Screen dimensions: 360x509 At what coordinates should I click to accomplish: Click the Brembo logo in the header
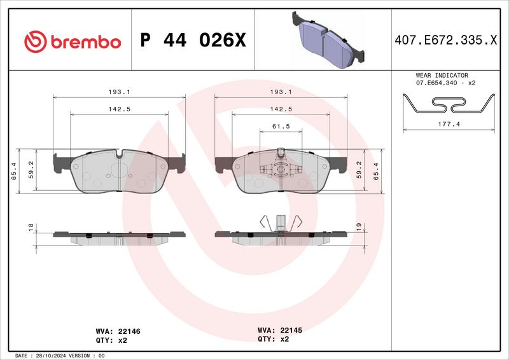tap(72, 41)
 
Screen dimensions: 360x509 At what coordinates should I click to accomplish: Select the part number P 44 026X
tap(192, 41)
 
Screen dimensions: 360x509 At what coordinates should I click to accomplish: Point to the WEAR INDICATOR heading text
tap(442, 75)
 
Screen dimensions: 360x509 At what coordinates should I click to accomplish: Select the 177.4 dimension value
tap(450, 125)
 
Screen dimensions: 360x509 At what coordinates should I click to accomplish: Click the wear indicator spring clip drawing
tap(450, 103)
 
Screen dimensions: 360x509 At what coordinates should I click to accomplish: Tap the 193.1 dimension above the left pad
tap(119, 92)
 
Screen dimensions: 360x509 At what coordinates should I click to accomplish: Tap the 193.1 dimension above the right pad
tap(281, 92)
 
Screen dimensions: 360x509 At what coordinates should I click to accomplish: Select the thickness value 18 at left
tap(30, 226)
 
